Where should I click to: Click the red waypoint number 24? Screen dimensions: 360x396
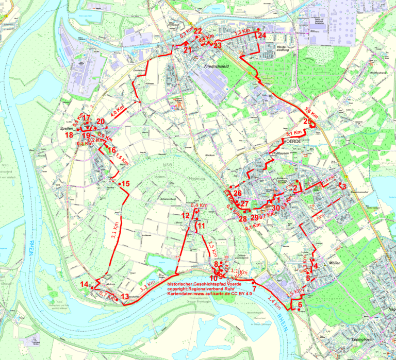point(261,35)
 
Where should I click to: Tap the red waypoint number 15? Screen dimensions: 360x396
point(125,183)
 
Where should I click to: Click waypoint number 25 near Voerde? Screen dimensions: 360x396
point(307,122)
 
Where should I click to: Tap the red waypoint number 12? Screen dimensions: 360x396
point(186,215)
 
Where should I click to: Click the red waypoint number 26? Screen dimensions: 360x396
point(237,193)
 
